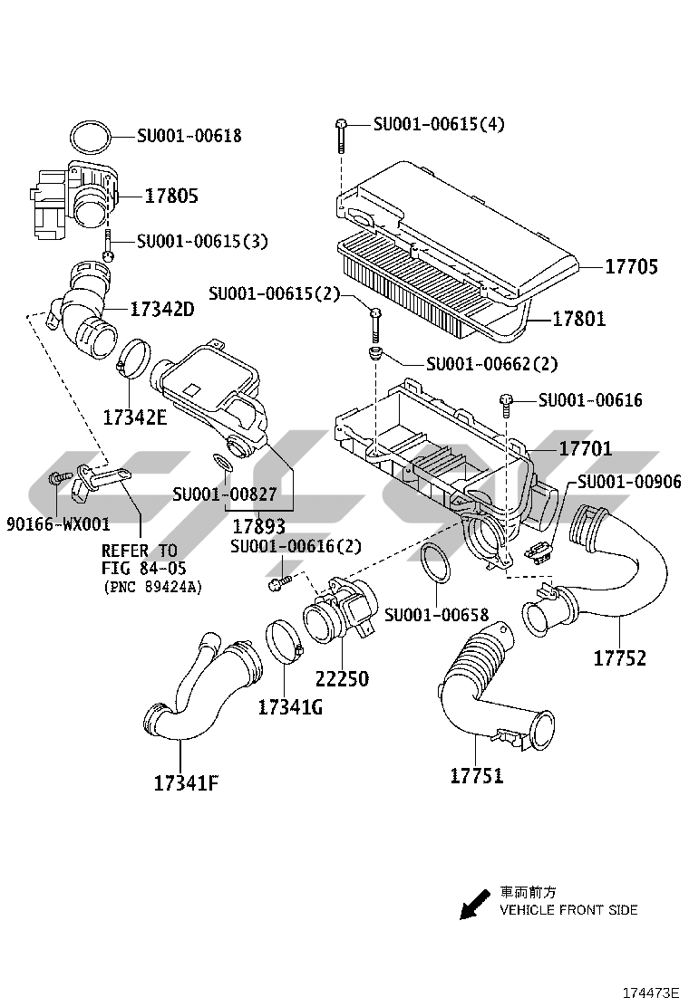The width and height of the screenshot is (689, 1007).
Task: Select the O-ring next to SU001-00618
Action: [x=91, y=138]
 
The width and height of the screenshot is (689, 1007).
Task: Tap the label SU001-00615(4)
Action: [x=439, y=124]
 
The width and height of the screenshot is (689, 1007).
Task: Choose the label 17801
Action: [x=579, y=319]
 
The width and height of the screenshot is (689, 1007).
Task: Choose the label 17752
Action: [x=620, y=658]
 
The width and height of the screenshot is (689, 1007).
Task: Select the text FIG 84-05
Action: [x=139, y=568]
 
